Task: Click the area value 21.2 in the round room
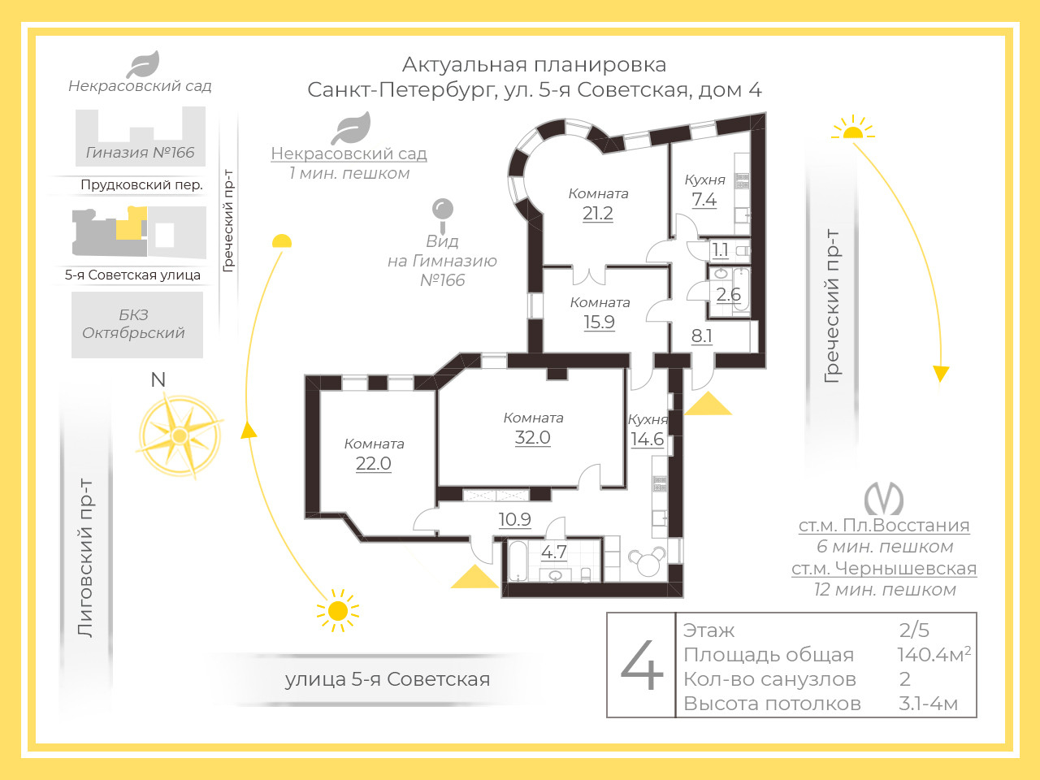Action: [x=597, y=214]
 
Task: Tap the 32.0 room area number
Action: [x=532, y=438]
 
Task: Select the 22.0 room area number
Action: [x=374, y=463]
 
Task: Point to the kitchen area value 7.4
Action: [x=704, y=199]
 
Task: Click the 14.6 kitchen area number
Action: [x=648, y=440]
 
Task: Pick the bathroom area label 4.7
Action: [x=554, y=552]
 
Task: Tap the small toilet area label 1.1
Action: [x=720, y=249]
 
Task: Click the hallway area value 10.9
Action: [x=514, y=519]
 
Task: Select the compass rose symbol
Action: [x=180, y=435]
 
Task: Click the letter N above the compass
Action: [x=158, y=379]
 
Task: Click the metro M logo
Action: [x=884, y=499]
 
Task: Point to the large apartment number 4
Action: [x=642, y=665]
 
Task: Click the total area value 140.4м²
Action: [x=934, y=654]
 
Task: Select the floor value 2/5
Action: [x=914, y=630]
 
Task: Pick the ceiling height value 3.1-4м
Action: [x=928, y=704]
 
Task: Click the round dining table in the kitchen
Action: [x=647, y=561]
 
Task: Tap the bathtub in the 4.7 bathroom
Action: [x=518, y=561]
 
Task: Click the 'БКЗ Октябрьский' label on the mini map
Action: [x=133, y=324]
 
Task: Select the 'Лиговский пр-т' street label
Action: [x=84, y=558]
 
